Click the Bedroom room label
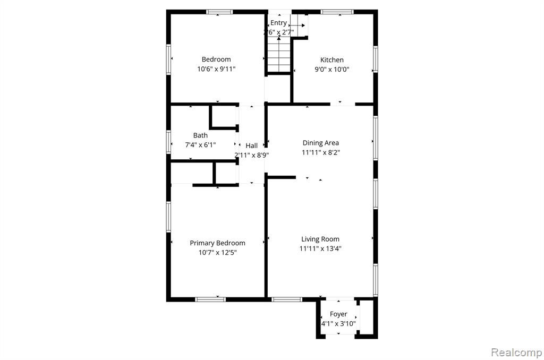pos(216,59)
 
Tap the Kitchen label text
pos(331,60)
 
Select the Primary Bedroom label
pos(217,243)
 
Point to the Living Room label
pos(320,239)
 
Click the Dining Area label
pos(320,143)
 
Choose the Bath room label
pos(200,135)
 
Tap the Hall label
pos(251,145)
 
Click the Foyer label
pos(338,314)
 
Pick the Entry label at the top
pos(278,23)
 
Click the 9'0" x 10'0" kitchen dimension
pos(331,70)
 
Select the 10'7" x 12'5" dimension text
pos(217,253)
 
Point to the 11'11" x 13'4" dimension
pos(320,248)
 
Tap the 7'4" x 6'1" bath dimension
pos(200,144)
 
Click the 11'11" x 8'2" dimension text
pos(320,152)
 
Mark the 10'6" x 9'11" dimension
pos(216,68)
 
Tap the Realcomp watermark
pos(516,353)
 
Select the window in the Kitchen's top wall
pos(337,12)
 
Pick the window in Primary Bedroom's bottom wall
pos(210,299)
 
